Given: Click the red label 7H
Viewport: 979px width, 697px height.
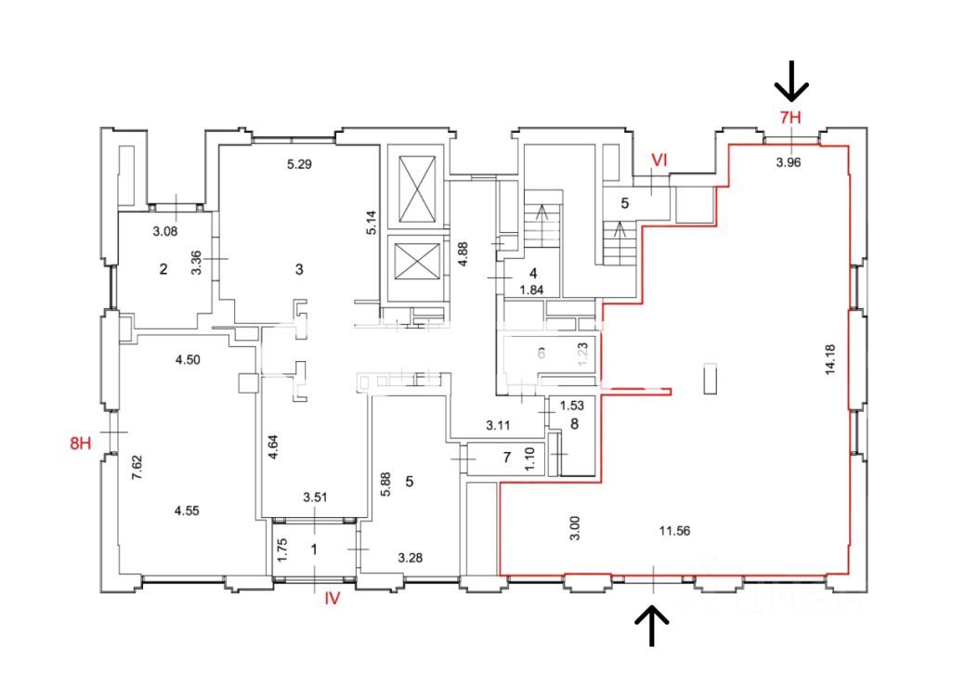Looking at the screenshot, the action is click(790, 118).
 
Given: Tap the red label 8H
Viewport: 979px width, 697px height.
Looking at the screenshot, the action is click(81, 443).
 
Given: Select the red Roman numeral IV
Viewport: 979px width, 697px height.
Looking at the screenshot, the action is click(333, 599).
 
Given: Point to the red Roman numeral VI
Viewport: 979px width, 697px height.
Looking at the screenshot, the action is click(659, 161).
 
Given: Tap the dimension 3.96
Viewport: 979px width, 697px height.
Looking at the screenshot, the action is click(789, 162).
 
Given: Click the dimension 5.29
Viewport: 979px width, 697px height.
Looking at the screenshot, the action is click(299, 165).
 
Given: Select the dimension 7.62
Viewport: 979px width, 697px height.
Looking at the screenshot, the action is click(137, 465).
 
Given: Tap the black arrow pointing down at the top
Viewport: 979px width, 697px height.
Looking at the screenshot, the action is click(791, 81).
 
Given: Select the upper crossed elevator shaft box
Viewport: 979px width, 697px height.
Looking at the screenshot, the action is click(411, 187).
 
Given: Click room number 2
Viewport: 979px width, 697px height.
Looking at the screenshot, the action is click(163, 270).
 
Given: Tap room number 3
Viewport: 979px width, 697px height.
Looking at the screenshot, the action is click(299, 270).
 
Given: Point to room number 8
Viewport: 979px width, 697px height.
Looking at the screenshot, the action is click(574, 424).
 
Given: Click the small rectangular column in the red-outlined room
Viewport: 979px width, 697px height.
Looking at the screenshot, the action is click(711, 379).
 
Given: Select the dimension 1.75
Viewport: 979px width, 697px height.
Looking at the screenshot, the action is click(281, 549).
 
